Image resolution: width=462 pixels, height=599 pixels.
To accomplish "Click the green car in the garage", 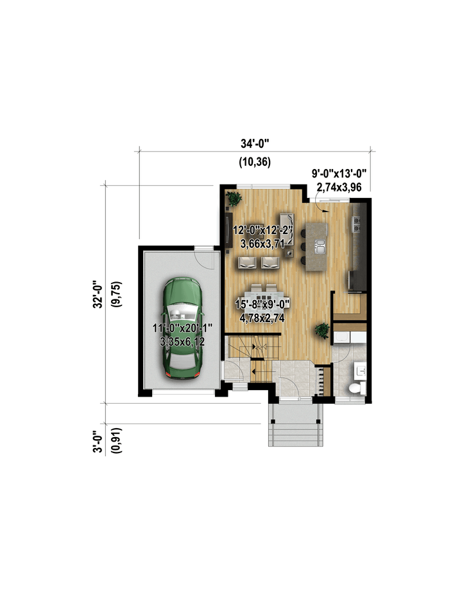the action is tap(183, 328).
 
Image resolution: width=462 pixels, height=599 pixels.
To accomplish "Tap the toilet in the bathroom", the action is tap(356, 388).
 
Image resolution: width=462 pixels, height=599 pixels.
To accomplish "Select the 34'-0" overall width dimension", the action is tap(255, 143).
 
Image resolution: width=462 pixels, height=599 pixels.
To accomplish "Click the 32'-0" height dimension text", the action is tap(98, 294).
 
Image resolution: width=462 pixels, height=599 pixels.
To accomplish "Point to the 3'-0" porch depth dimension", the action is tap(98, 442).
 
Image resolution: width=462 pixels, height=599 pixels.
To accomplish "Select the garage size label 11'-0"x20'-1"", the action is tap(182, 328).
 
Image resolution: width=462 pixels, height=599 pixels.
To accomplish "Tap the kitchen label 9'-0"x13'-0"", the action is tap(339, 174).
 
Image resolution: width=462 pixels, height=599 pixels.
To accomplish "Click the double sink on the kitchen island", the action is tap(319, 246).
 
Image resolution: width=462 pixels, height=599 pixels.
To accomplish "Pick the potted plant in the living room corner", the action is tap(233, 198).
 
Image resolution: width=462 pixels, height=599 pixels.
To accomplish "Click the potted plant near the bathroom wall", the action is tap(322, 330).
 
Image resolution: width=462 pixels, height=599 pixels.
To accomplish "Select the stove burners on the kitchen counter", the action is tap(357, 224).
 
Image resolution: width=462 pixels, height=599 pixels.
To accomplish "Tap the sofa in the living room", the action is tap(287, 229).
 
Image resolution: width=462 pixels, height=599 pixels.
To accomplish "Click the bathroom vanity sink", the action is tap(360, 371).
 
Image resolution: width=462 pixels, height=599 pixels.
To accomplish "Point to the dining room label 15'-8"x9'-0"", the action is tap(262, 305).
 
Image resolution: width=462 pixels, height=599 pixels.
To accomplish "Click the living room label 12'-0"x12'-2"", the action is tap(263, 230).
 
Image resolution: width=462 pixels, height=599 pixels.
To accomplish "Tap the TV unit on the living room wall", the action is tap(229, 232).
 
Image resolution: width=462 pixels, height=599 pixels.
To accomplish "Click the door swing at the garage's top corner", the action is tap(203, 258).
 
